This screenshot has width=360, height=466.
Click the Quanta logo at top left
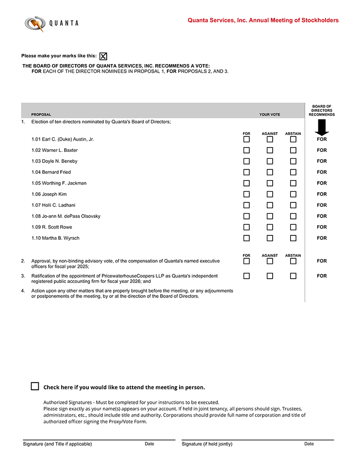click(51, 23)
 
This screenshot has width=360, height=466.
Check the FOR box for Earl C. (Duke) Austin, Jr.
click(246, 139)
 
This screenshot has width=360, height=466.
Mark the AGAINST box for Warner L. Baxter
click(270, 150)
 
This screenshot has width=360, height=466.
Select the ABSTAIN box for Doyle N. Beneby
click(293, 161)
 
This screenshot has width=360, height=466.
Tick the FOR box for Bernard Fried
click(246, 172)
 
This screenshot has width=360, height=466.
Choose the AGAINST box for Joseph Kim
click(270, 194)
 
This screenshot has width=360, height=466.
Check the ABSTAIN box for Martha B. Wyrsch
click(293, 238)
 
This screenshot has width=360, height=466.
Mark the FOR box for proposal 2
click(246, 261)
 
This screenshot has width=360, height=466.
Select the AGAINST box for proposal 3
click(270, 276)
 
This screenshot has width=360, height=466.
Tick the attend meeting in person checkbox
click(35, 386)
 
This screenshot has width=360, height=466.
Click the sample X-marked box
click(103, 56)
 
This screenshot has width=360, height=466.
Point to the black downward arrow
click(322, 127)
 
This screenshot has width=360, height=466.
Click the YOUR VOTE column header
click(270, 115)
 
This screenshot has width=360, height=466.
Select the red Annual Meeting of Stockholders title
click(263, 20)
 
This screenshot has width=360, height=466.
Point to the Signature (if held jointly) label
click(207, 444)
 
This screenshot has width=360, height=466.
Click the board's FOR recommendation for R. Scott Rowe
click(322, 227)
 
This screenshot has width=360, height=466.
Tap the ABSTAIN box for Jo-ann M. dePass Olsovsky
click(293, 216)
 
